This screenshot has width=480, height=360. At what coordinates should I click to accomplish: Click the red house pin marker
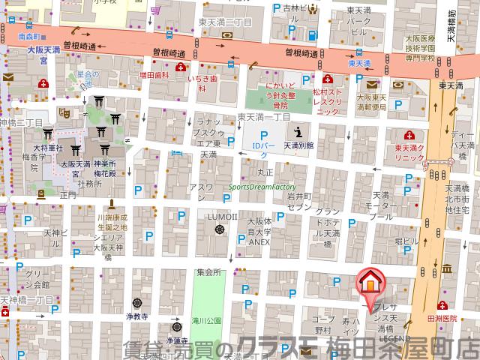click(x=369, y=283)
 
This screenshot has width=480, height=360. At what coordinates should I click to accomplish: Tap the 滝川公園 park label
click(x=206, y=320)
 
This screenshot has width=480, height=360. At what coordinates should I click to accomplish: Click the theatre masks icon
click(x=65, y=111)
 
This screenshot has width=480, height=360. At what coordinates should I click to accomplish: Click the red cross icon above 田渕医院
click(x=443, y=305)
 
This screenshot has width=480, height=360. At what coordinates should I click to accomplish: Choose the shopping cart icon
click(x=154, y=10)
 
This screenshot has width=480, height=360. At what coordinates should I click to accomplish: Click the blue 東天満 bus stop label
click(x=360, y=64)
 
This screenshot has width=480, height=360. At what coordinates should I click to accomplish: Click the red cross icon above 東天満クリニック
click(x=409, y=135)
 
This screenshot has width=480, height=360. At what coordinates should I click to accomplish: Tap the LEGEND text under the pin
click(x=394, y=339)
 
